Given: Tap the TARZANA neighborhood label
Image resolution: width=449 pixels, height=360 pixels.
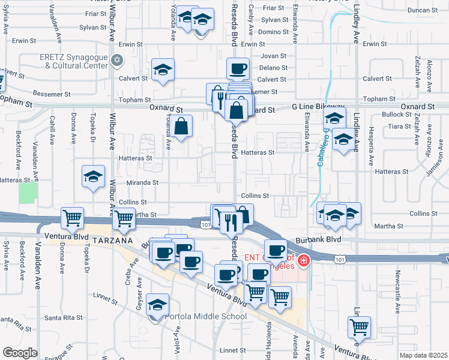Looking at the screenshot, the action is coord(112,240).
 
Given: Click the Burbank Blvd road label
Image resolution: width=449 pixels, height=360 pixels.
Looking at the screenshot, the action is coord(318,239).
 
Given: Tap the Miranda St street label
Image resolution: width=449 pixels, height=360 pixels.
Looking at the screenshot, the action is coord(142,182).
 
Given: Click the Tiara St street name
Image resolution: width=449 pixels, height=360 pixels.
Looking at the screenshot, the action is coord(399,127).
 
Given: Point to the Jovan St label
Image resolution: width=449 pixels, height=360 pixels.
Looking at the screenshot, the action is coord(274,56).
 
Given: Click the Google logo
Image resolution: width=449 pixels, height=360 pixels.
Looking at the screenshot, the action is coord(20,353).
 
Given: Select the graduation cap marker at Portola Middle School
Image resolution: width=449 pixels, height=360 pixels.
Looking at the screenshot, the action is coord(157,305).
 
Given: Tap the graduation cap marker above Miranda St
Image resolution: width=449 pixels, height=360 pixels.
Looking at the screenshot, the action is coord(93,176).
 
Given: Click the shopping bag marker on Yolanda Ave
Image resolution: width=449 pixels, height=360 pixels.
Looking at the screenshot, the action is coord(181,126).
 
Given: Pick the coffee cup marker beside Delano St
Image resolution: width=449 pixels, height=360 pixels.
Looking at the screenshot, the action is coord(238,68).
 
